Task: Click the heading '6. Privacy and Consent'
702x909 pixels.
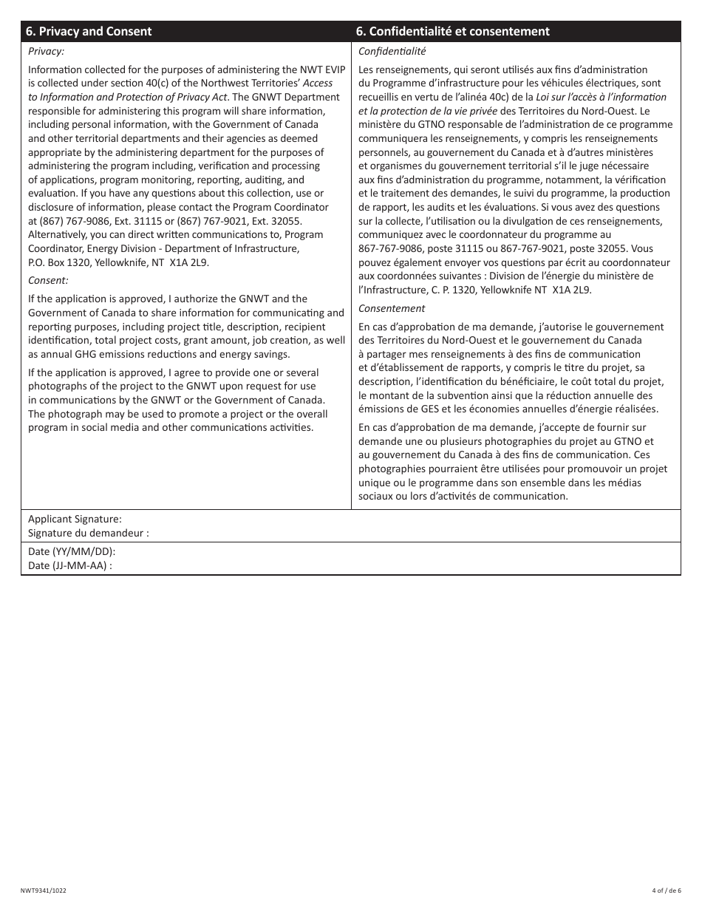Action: point(89,31)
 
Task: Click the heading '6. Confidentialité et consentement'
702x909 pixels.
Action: point(454,31)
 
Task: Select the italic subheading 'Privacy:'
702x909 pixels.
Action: point(47,51)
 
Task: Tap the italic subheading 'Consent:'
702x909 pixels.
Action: point(48,280)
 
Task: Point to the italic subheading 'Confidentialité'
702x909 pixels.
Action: point(392,51)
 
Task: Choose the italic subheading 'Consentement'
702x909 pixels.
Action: point(392,308)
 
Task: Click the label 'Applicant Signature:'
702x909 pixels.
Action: point(75,520)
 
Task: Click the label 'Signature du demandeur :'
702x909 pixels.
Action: point(88,532)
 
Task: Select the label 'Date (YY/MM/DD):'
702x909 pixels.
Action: point(72,552)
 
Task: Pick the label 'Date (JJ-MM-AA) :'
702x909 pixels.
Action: point(70,565)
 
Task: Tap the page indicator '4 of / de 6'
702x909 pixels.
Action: point(667,891)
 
